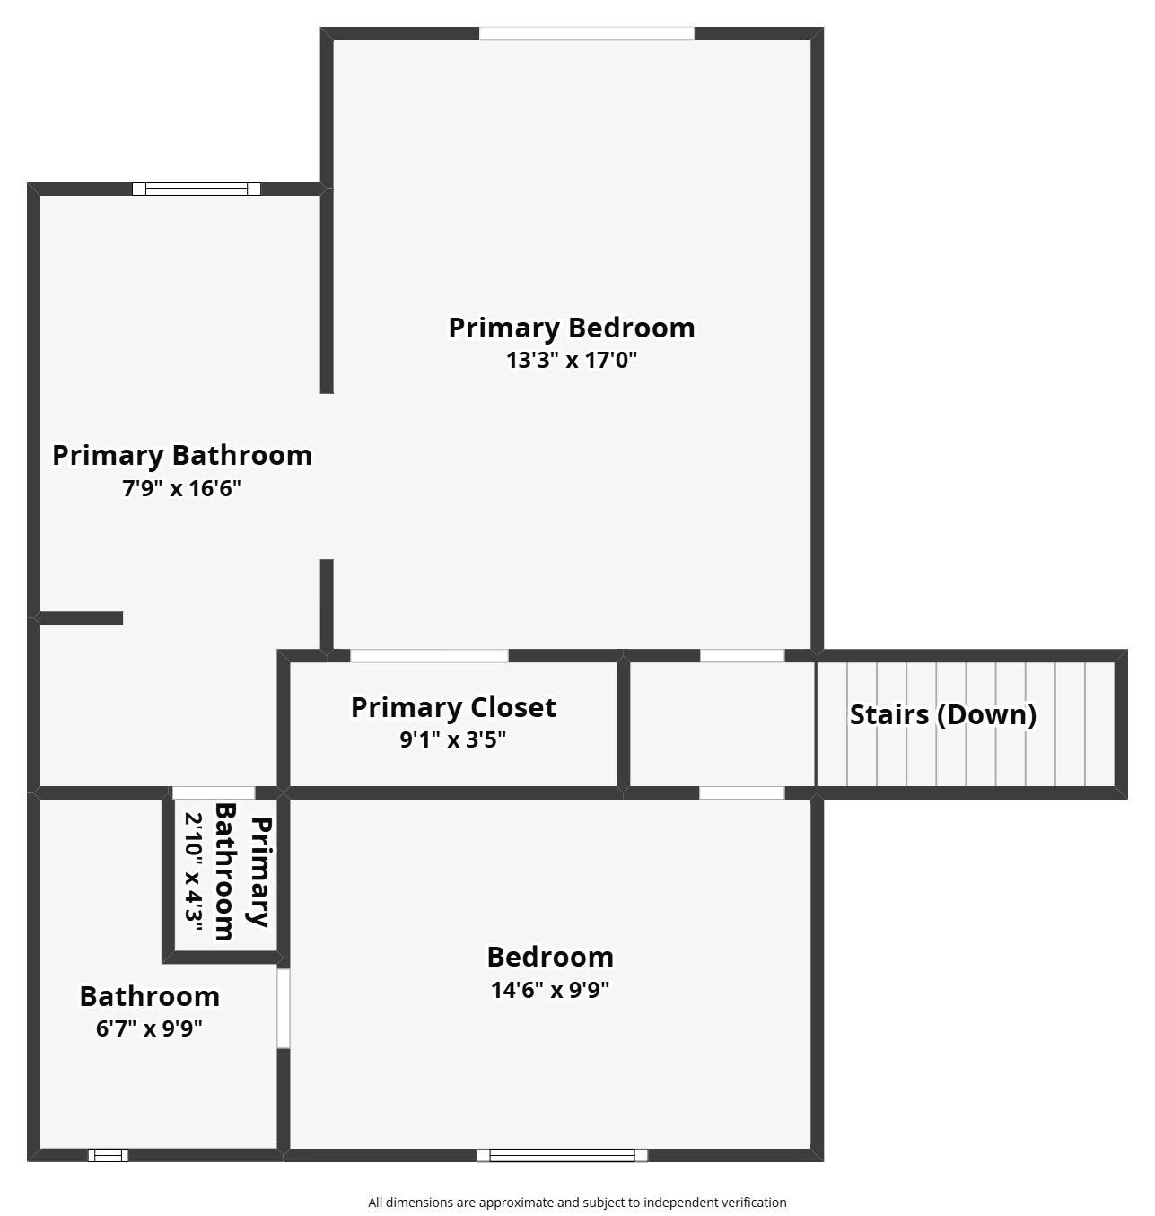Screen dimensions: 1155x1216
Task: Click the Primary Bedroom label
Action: (571, 328)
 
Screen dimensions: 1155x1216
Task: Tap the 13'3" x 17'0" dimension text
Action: (571, 359)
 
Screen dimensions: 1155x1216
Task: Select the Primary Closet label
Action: (453, 707)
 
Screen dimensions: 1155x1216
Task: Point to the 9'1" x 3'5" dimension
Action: (453, 739)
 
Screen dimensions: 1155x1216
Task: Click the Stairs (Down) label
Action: (943, 714)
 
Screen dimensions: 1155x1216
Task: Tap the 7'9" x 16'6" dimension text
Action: (181, 488)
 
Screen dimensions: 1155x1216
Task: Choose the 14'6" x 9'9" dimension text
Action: (550, 990)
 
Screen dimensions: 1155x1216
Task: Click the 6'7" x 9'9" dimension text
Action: (149, 1028)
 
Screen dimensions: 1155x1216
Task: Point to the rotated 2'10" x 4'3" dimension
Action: (194, 872)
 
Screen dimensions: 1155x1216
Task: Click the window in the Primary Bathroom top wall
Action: (197, 188)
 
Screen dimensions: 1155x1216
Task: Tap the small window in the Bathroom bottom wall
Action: (109, 1155)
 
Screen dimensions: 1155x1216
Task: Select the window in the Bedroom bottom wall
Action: (562, 1155)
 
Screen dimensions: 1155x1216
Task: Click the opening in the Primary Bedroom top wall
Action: (586, 33)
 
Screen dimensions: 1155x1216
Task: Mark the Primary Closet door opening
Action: (429, 656)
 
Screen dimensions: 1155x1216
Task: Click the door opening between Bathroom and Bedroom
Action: (283, 1008)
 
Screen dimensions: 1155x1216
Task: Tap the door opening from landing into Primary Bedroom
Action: (742, 656)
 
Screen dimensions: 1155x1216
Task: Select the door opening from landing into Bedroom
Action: (742, 793)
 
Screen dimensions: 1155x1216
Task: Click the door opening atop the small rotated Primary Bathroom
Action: (214, 793)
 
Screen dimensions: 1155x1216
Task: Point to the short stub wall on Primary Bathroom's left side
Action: (79, 617)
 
